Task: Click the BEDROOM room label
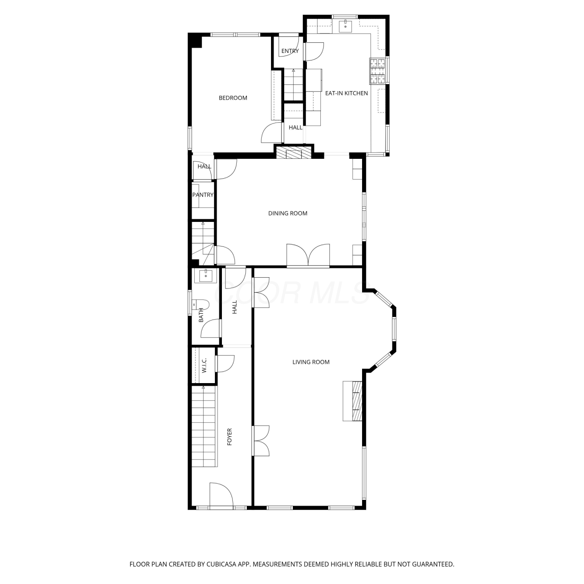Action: [x=233, y=98]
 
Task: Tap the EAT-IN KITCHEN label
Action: [x=347, y=93]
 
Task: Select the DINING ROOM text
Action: [x=288, y=213]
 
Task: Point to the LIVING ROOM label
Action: [x=311, y=362]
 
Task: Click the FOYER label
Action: [x=229, y=437]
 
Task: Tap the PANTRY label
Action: [x=203, y=195]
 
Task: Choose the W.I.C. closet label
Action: [x=204, y=366]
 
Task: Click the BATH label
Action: [x=201, y=315]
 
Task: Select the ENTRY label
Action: [x=290, y=51]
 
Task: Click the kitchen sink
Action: [x=345, y=26]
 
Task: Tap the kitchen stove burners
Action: [x=378, y=71]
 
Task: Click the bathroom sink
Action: [x=206, y=276]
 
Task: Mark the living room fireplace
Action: [x=353, y=401]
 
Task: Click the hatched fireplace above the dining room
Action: [x=294, y=152]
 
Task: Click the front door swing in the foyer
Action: [x=221, y=494]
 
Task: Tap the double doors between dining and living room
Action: [x=308, y=255]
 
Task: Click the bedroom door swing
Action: [x=272, y=133]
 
